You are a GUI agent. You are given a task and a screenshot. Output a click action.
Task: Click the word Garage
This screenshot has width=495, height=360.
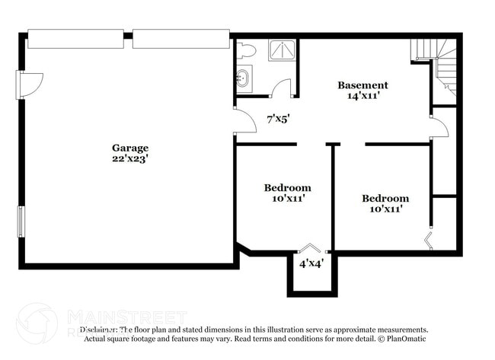pos(130,148)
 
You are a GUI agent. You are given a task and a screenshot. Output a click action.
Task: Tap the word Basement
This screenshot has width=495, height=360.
pos(362,85)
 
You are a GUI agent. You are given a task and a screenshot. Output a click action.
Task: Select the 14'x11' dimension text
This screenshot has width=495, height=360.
pos(362,96)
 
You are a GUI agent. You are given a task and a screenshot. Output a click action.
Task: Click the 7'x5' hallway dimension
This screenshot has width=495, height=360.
pos(277,119)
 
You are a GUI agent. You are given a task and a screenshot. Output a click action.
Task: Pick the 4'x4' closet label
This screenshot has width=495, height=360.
pos(311,263)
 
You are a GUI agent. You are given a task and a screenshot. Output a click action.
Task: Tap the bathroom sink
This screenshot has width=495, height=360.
pos(244,77)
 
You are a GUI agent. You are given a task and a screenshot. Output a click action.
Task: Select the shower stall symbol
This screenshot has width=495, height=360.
pos(281,49)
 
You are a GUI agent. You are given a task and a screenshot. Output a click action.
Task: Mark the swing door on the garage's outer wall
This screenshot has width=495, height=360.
pos(30,84)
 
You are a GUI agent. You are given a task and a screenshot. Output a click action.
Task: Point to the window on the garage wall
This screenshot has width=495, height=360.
pos(21,221)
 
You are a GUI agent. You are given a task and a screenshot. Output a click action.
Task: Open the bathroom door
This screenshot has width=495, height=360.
pos(282,88)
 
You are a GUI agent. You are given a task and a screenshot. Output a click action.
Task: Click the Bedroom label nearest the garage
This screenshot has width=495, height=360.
pos(287,188)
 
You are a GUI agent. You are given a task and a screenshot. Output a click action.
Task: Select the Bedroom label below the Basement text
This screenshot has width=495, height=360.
pos(385,198)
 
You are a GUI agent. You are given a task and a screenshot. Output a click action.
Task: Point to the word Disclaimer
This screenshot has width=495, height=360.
pos(98,330)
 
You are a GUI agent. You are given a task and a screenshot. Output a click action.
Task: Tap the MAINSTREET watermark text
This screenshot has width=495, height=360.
pos(126,316)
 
